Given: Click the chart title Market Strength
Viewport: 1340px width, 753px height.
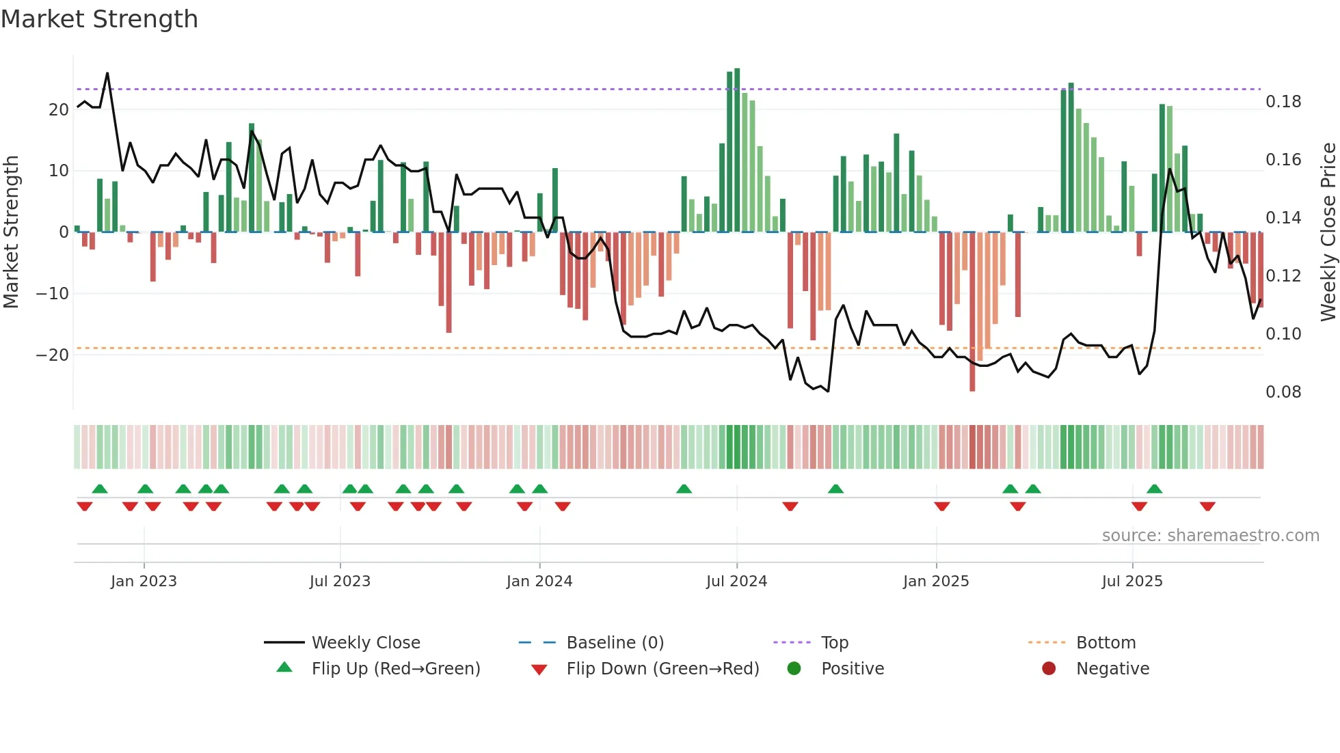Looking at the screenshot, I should click(99, 19).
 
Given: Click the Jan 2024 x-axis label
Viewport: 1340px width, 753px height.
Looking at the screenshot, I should click(539, 581).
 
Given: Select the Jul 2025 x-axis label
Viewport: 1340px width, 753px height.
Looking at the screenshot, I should click(1131, 581).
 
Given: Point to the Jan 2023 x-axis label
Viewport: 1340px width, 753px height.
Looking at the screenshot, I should click(144, 581).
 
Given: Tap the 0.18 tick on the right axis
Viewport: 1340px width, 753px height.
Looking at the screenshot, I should click(1283, 102).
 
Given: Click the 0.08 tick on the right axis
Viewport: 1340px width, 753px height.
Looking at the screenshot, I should click(1283, 392).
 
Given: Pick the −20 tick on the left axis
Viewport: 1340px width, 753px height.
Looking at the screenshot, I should click(53, 355).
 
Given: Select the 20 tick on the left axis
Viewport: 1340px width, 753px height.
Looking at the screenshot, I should click(59, 110).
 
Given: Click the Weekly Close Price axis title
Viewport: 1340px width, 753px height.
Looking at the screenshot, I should click(1328, 232).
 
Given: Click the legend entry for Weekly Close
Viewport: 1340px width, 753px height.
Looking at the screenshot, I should click(366, 643).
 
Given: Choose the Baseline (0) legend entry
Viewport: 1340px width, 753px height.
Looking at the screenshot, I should click(615, 643).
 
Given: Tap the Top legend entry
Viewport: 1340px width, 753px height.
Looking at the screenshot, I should click(834, 643).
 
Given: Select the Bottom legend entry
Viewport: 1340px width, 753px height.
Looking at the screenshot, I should click(1105, 643).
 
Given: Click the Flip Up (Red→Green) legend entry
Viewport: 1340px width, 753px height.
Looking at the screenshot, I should click(395, 669).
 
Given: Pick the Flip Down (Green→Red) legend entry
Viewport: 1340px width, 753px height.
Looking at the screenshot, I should click(662, 669).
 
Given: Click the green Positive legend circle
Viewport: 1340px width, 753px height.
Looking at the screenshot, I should click(794, 669).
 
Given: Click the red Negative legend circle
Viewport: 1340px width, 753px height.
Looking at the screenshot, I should click(1049, 669).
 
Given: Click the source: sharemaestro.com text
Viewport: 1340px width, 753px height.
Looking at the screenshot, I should click(1210, 536).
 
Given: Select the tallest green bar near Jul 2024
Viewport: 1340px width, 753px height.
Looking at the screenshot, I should click(737, 150).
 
